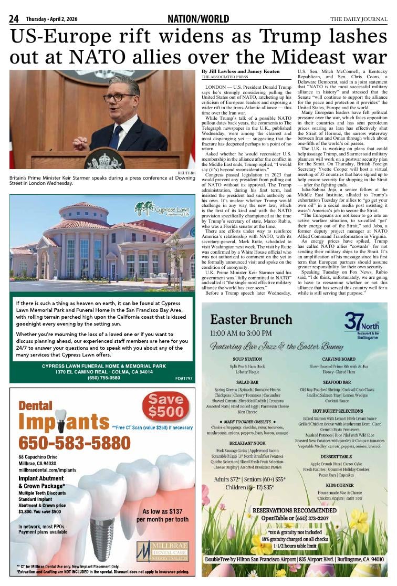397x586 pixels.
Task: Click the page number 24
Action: (14, 19)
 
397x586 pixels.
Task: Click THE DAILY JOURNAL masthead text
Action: (359, 19)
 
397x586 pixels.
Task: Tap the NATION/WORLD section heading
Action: (198, 19)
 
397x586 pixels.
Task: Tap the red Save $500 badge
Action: (165, 407)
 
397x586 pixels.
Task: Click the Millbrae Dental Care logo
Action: (165, 551)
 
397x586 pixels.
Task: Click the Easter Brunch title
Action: (244, 319)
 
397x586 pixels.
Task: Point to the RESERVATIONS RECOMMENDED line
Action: (295, 510)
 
